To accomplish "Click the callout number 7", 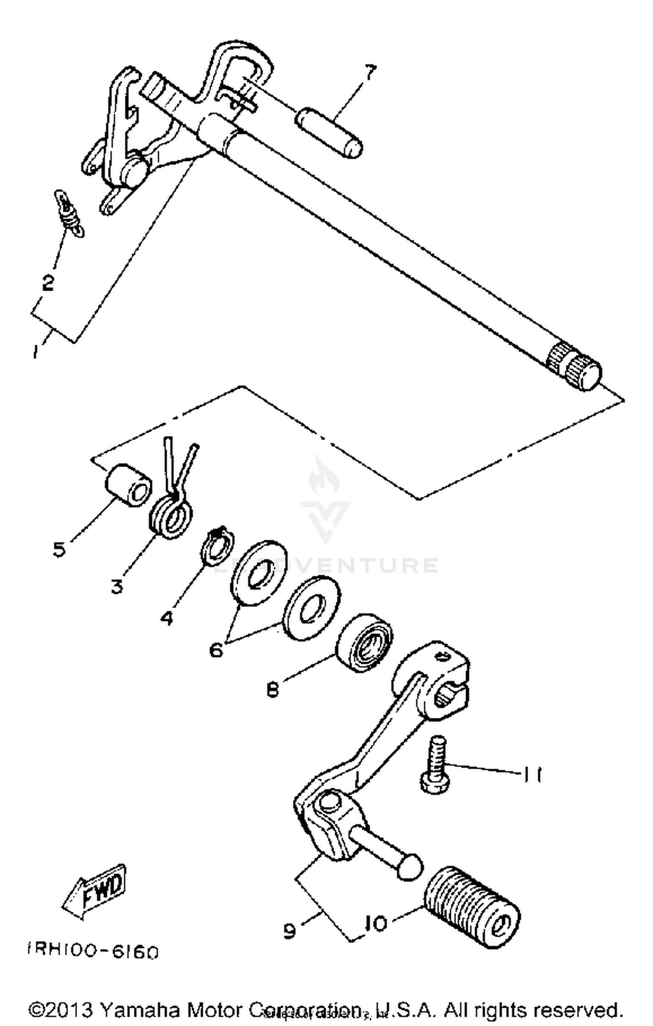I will tap(369, 73).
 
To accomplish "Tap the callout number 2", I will tap(47, 283).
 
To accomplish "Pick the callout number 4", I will tap(166, 617).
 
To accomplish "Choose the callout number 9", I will tap(289, 931).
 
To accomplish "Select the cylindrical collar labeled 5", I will tap(129, 485).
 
